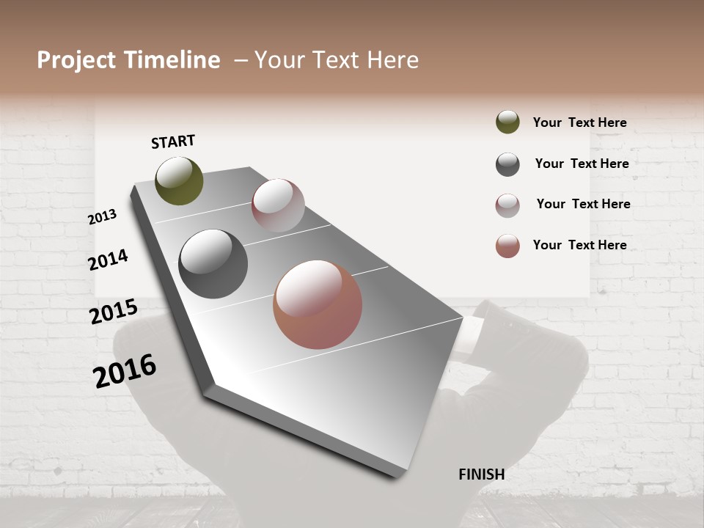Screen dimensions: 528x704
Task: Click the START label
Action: [173, 142]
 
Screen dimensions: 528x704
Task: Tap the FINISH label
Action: [481, 474]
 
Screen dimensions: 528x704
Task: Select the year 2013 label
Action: [102, 217]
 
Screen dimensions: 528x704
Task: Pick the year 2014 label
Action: [108, 260]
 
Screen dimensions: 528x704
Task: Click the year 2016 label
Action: [125, 371]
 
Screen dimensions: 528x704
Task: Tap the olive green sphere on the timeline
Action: [179, 180]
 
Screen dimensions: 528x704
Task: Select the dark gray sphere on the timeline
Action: [213, 264]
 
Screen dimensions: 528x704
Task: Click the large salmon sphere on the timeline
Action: [318, 304]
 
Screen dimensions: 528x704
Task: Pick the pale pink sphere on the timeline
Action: [278, 205]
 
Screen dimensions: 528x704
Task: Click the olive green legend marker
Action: [507, 122]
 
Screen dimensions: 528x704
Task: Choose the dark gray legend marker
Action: [507, 164]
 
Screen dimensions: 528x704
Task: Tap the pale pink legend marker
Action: [507, 205]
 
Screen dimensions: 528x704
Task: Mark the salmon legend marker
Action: [507, 246]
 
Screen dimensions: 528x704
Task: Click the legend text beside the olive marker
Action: [579, 123]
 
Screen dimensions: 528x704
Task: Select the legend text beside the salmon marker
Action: [579, 245]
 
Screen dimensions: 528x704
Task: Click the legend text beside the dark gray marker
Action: [582, 164]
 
